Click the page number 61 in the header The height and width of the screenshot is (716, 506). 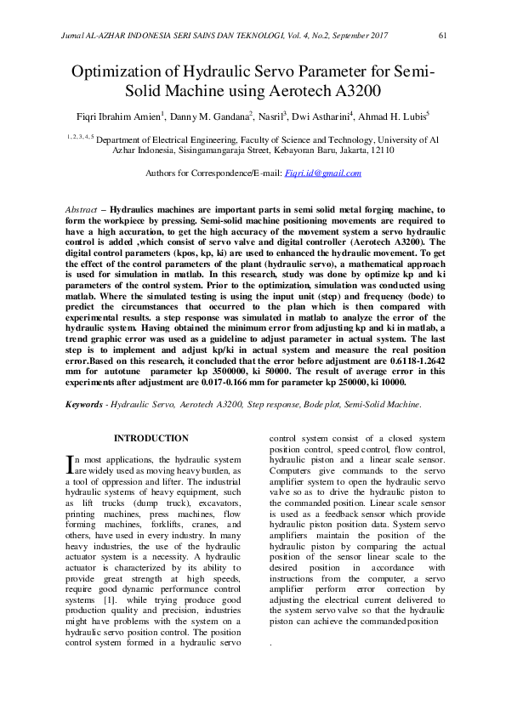click(442, 36)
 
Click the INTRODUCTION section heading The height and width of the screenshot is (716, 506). click(151, 438)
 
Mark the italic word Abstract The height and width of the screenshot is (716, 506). click(82, 208)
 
